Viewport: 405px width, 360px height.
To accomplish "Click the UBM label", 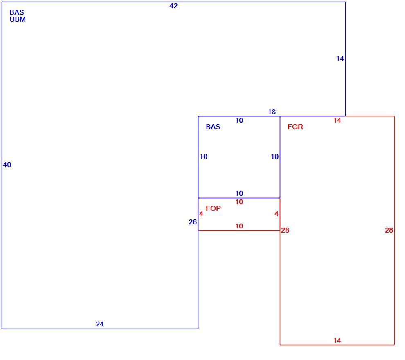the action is (x=18, y=19).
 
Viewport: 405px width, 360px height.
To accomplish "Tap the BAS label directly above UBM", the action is (x=17, y=12).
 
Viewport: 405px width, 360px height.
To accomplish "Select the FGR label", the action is (x=295, y=127).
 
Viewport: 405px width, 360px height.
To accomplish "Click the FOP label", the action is (x=214, y=208).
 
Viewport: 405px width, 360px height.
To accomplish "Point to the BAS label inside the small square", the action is (x=213, y=127).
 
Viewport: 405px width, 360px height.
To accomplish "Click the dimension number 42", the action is (x=173, y=6).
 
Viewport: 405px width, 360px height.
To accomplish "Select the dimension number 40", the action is (x=7, y=165).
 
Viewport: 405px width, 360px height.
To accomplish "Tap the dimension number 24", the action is (x=100, y=324).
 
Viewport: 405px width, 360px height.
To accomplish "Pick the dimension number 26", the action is (x=193, y=222).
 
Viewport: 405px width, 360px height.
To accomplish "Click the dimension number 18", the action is (x=272, y=112).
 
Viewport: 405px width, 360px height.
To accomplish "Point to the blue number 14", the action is (x=340, y=59).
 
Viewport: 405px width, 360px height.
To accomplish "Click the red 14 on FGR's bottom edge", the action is (x=337, y=341).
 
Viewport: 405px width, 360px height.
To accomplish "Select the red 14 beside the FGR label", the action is (x=337, y=120).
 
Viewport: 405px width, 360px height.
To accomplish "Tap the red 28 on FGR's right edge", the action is (x=389, y=230).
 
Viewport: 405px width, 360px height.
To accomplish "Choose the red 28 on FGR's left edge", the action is (x=285, y=230).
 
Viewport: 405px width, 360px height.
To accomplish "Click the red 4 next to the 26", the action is (x=201, y=214).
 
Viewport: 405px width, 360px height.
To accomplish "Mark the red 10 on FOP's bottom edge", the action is (x=239, y=226).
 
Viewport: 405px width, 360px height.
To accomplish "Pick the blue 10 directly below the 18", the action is (x=239, y=120).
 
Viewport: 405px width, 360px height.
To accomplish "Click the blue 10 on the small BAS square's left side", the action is (x=204, y=157).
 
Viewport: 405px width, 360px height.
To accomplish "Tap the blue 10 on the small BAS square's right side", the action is (x=275, y=157).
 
